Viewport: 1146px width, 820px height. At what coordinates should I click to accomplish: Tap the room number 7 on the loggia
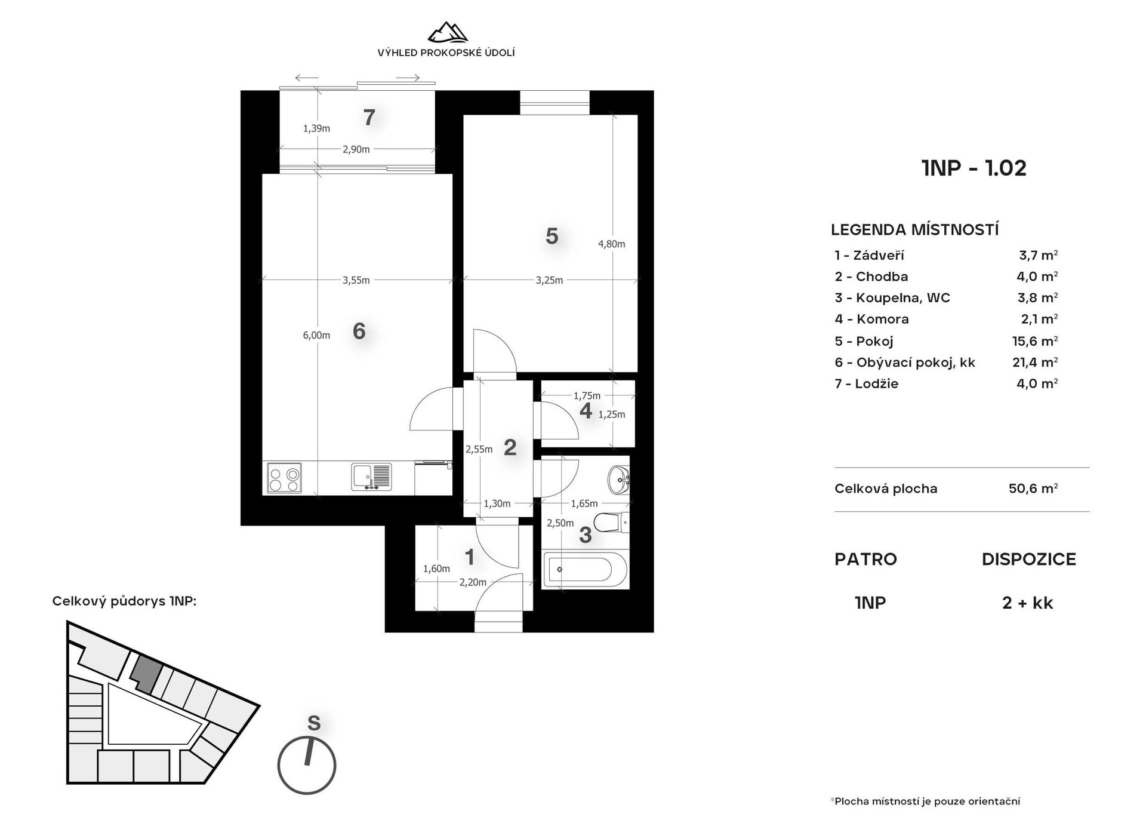(369, 118)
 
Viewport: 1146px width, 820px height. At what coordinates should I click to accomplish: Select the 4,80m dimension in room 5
(612, 244)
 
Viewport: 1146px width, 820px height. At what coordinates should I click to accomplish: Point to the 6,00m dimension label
(316, 335)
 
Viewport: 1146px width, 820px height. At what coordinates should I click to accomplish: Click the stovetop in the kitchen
(284, 478)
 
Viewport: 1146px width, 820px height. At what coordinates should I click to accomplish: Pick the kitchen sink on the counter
(371, 477)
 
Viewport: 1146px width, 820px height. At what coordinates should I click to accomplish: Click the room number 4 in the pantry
(586, 411)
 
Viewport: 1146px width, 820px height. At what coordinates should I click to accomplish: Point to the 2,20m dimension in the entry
(473, 582)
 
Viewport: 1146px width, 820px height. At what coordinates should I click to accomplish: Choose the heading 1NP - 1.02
(974, 168)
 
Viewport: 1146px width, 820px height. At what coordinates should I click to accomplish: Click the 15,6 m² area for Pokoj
(1037, 340)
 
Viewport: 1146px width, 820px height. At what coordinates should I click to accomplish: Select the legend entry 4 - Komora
(871, 319)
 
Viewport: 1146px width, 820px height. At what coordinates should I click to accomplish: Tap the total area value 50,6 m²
(1033, 488)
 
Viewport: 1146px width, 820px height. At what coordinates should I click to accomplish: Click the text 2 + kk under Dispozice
(1028, 603)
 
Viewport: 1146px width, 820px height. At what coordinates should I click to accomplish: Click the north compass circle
(307, 766)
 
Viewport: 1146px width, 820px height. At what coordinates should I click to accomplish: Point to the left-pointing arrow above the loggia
(306, 78)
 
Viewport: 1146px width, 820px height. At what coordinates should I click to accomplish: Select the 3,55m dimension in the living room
(356, 280)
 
